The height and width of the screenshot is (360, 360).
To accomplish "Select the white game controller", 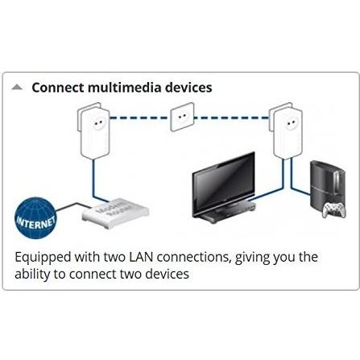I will tap(333, 209).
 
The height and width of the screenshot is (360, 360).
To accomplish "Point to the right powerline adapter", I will tap(287, 128).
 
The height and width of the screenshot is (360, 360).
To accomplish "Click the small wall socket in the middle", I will tap(184, 116).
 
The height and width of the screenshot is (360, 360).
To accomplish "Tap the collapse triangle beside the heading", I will tap(18, 87).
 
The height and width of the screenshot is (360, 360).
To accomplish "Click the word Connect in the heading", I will tap(56, 88).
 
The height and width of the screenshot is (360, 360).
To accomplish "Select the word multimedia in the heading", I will tap(124, 88).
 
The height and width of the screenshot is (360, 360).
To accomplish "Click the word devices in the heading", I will tap(188, 88).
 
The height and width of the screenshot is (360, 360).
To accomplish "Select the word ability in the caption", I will tap(33, 275).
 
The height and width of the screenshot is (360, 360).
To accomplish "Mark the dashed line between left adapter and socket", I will tap(139, 118).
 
